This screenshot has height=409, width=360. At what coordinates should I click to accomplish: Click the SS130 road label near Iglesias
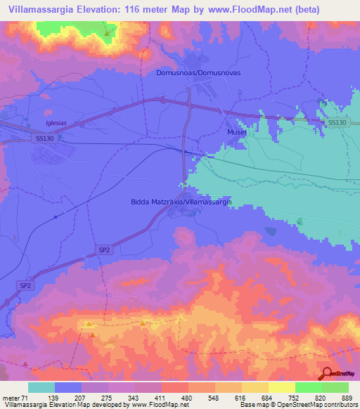[x=44, y=139]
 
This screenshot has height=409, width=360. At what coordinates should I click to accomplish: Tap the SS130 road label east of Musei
[x=337, y=123]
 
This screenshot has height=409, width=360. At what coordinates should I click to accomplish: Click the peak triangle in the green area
[x=107, y=32]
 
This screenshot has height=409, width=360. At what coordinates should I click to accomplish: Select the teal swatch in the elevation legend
[x=41, y=387]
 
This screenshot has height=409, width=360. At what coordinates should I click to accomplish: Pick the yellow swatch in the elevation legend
[x=282, y=387]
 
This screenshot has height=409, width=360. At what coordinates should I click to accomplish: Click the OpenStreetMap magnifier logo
[x=326, y=373]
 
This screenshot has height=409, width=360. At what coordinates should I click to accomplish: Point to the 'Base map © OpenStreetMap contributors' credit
[x=298, y=405]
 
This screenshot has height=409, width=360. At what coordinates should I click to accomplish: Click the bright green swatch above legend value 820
[x=309, y=387]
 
